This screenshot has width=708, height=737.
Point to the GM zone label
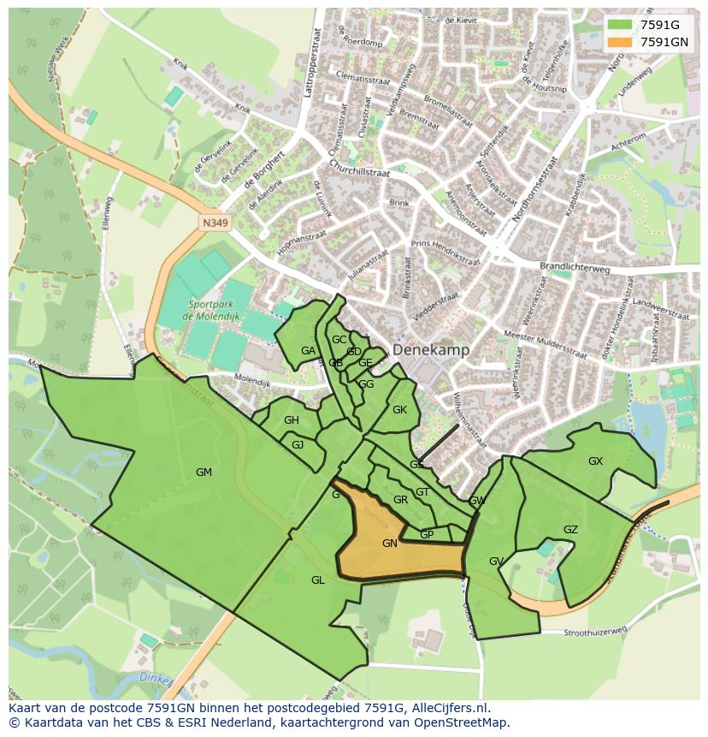204,472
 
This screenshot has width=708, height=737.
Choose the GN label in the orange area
390,543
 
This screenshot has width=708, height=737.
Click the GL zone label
317,579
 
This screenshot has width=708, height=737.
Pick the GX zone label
595,461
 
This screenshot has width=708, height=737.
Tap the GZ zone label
570,529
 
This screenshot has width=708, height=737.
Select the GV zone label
496,561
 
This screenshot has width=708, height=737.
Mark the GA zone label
308,350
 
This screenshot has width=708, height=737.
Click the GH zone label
292,419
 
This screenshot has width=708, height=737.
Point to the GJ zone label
298,444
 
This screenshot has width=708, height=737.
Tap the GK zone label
399,409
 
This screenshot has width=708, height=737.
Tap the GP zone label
427,534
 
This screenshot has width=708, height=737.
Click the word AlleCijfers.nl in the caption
449,708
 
